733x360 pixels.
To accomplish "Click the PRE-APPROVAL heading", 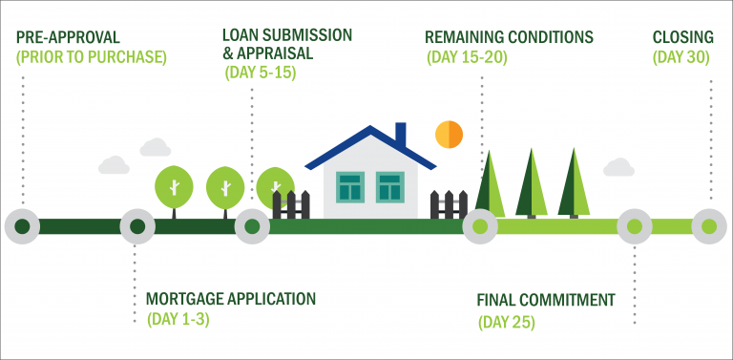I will [x=68, y=38].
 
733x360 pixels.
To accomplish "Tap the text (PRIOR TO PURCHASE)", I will [x=91, y=57].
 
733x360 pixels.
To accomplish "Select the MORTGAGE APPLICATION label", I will [x=230, y=299].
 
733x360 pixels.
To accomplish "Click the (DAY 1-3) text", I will [x=178, y=319].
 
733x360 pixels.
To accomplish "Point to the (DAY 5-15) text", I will [x=260, y=73].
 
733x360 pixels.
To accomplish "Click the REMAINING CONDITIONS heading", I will [x=509, y=38].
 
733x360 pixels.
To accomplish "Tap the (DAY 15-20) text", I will [x=466, y=57].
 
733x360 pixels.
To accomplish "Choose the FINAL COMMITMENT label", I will [x=546, y=301].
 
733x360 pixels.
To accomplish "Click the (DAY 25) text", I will [x=506, y=322].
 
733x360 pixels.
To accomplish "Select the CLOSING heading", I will [x=682, y=38].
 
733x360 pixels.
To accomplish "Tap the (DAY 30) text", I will [x=682, y=57].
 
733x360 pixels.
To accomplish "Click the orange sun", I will [x=449, y=135].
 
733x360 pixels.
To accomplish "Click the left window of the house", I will [x=350, y=186].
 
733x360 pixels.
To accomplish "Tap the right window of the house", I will [x=389, y=186].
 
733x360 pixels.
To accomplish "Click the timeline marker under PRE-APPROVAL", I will [x=22, y=226].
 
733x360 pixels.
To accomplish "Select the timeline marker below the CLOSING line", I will [x=709, y=226].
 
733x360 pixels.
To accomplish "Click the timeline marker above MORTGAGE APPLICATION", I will [x=137, y=226].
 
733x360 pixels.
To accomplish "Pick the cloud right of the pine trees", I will [x=618, y=168].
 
